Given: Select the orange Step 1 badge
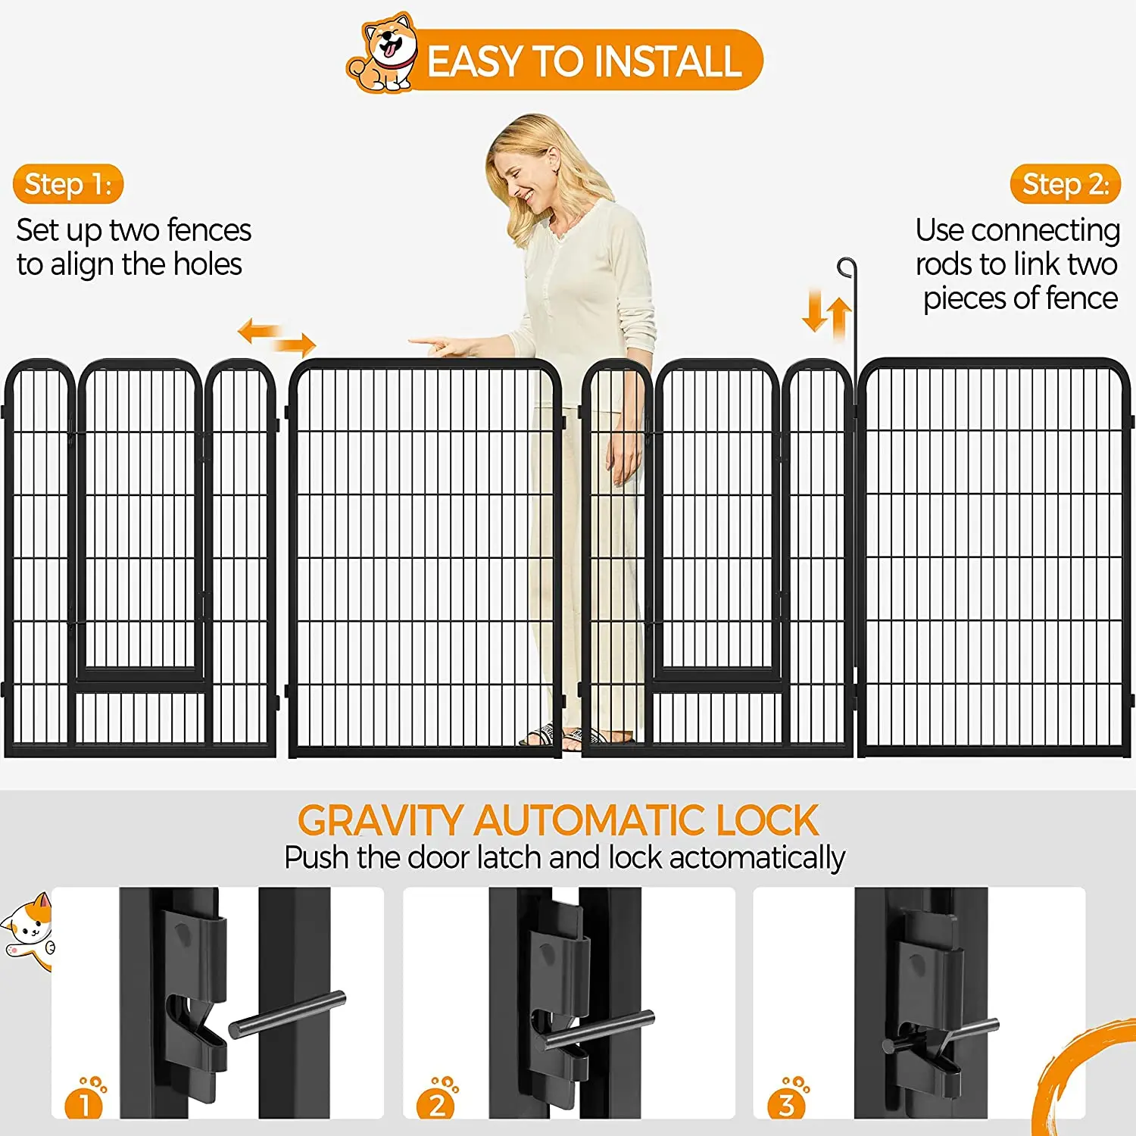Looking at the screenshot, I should (x=68, y=184).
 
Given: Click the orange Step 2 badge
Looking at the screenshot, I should (x=1065, y=184).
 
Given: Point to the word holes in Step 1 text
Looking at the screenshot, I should (x=208, y=264).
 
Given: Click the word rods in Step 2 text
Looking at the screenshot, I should (x=944, y=264).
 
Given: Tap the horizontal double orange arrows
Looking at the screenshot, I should (x=276, y=337).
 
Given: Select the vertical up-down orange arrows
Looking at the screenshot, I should (x=827, y=313).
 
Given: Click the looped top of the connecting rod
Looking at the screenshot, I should (x=847, y=267).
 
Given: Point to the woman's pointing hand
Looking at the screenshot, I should (x=439, y=345).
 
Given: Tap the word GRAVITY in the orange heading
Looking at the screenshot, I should (x=379, y=821).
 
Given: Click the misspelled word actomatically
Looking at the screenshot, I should (x=757, y=858).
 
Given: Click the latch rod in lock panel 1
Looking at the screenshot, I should (x=288, y=1014).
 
